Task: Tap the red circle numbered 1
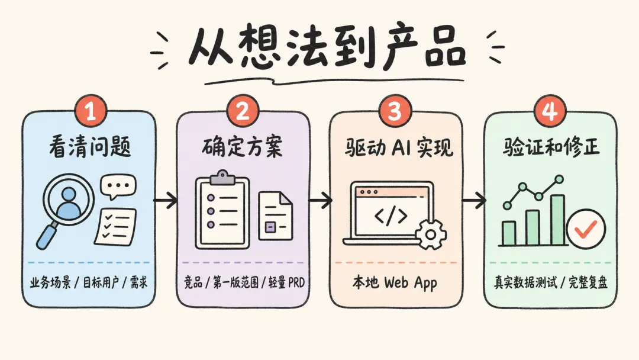pos(91,111)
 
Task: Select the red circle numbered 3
pos(395,111)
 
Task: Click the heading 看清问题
pos(90,147)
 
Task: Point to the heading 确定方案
pos(242,147)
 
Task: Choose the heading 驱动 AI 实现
pos(399,147)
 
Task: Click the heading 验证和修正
pos(551,147)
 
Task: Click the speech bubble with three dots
pos(118,187)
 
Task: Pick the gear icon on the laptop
pos(430,234)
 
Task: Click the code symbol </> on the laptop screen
pos(391,216)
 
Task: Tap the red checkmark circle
pos(586,229)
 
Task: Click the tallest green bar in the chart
pos(557,220)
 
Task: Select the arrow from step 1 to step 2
pos(166,200)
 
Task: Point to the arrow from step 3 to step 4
pos(473,200)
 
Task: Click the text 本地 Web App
pos(395,282)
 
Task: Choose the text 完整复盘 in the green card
pos(588,282)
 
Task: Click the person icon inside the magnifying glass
pos(69,203)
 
